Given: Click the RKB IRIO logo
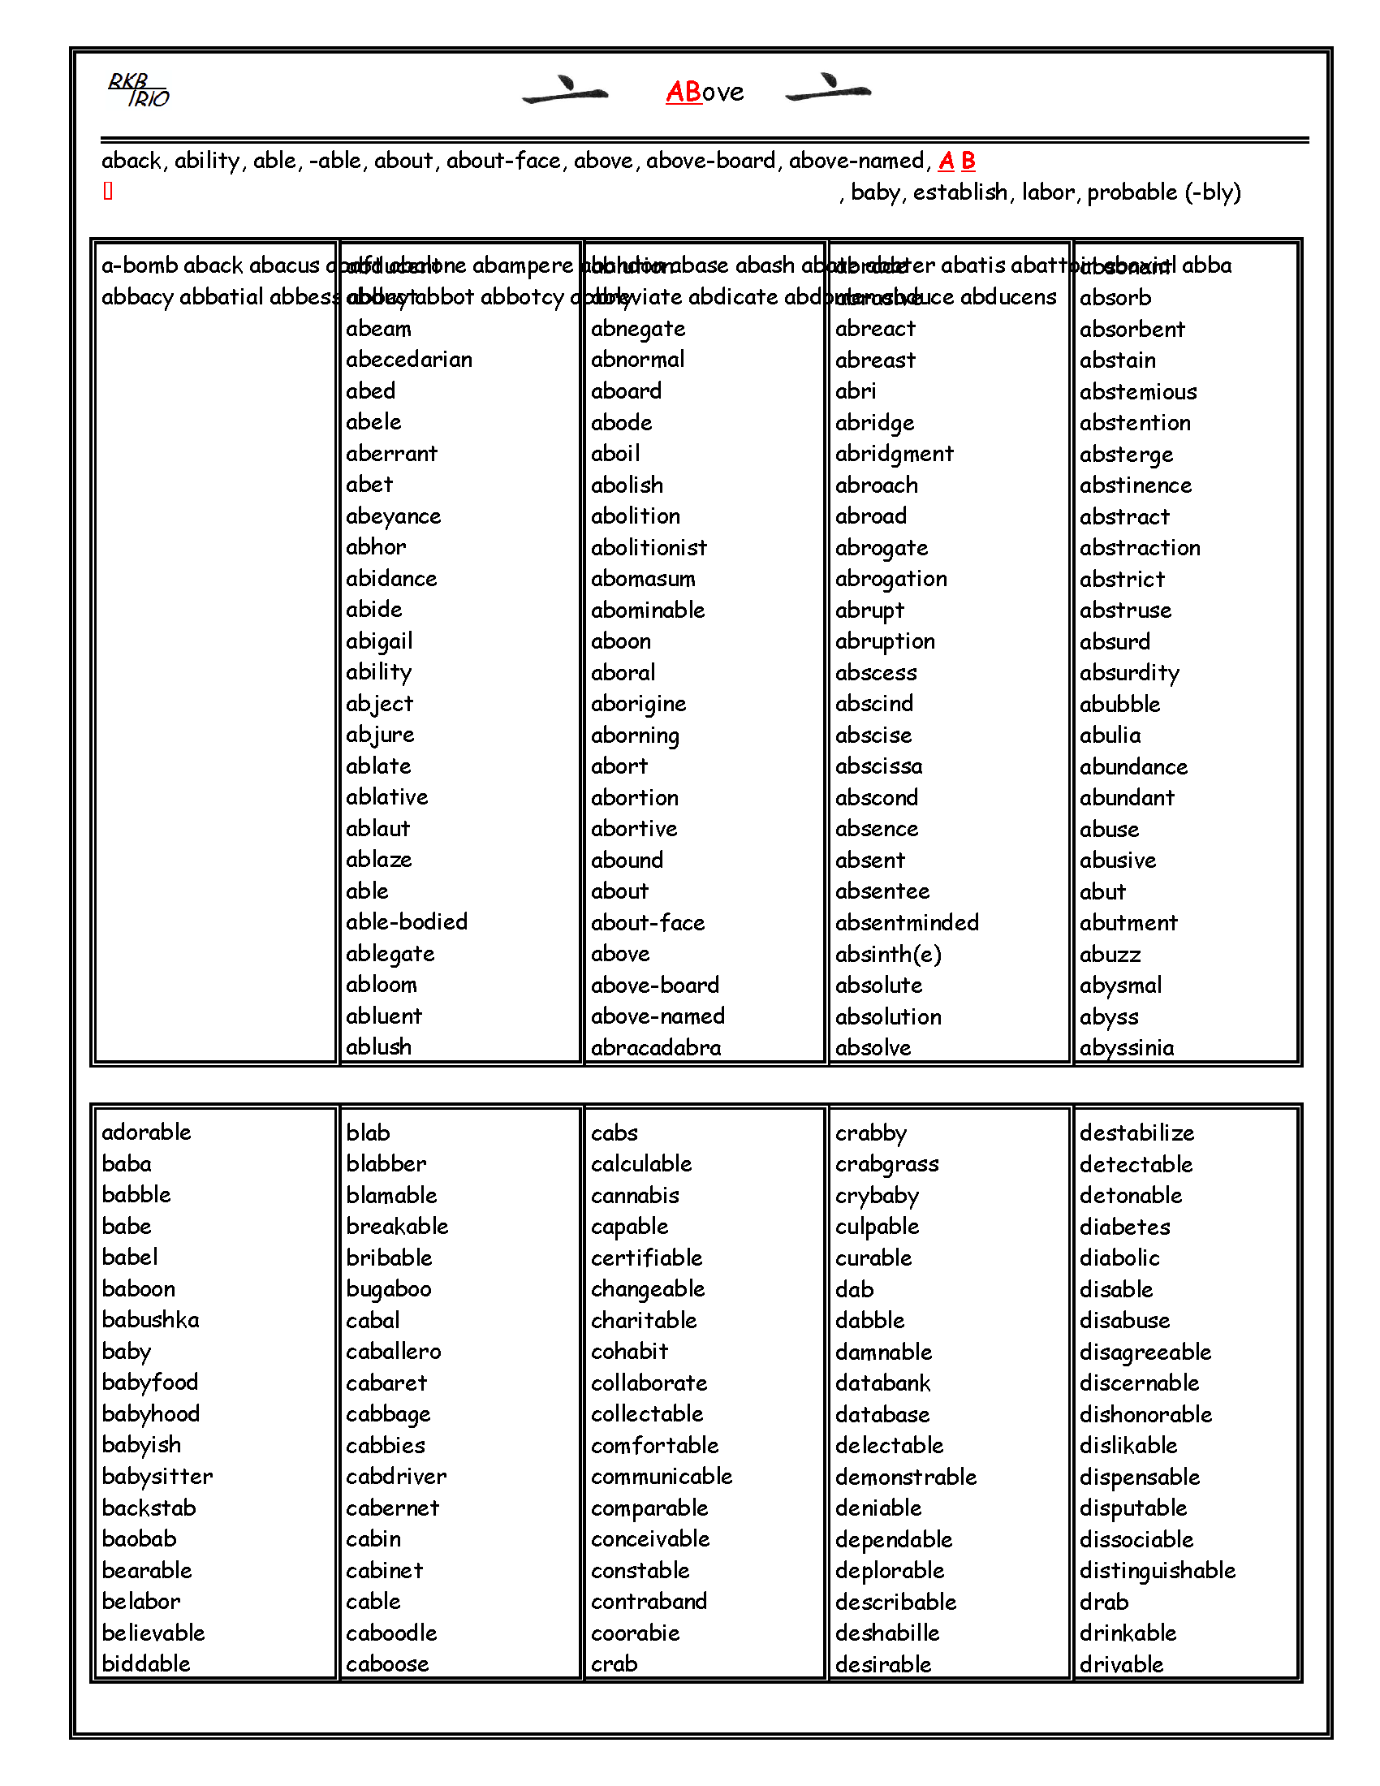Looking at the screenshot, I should (138, 91).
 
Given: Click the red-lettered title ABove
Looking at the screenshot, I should (705, 92).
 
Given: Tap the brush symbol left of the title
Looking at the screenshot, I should (565, 90).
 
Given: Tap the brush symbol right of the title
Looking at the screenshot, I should (827, 88).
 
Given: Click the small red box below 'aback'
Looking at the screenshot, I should (108, 192).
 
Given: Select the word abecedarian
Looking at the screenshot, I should (409, 360).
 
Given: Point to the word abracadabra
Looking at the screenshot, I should (656, 1047).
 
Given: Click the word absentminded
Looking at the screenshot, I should (907, 922).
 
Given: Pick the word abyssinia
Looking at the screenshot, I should (1127, 1047).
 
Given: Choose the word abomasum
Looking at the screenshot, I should (644, 579).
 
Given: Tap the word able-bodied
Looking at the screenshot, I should (407, 921).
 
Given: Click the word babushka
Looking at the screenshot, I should (150, 1320).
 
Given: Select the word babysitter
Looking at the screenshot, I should (157, 1476).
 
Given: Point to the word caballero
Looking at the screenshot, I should (393, 1351).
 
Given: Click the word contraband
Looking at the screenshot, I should (649, 1601).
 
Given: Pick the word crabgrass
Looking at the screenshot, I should (887, 1163).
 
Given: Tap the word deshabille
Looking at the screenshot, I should (887, 1633).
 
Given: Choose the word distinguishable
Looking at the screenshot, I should (1157, 1570).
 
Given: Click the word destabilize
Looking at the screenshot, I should (1136, 1132).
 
